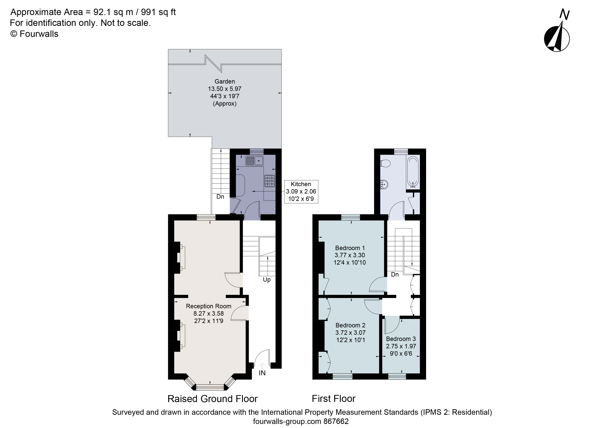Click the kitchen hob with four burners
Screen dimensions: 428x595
pyautogui.click(x=270, y=181)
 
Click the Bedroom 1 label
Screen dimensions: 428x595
pyautogui.click(x=350, y=248)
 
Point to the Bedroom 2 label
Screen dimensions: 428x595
pyautogui.click(x=350, y=325)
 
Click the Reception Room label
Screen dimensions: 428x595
pyautogui.click(x=209, y=306)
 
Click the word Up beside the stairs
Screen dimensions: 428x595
pyautogui.click(x=267, y=280)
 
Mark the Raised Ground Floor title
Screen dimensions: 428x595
pyautogui.click(x=213, y=399)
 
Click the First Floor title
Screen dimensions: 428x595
pyautogui.click(x=333, y=399)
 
